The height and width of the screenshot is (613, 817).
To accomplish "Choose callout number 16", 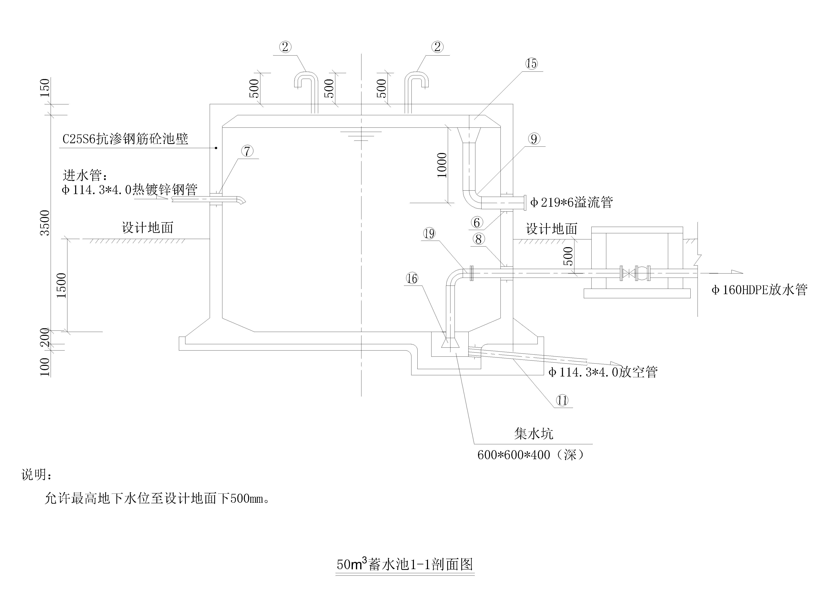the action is click(412, 278).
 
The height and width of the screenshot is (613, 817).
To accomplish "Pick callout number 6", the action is click(477, 222).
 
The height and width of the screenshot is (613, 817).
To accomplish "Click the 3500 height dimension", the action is click(45, 222).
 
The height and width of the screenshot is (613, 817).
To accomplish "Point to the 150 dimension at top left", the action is click(45, 88).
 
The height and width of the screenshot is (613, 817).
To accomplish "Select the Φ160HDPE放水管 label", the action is click(759, 289).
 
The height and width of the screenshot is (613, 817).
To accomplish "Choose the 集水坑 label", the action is click(534, 433).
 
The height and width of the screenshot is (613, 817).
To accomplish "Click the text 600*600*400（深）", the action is click(531, 454).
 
